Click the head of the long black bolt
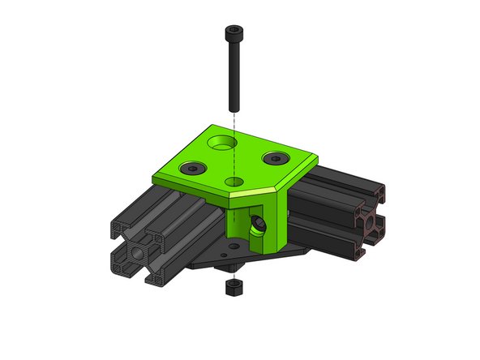231,33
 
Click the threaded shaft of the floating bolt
232,73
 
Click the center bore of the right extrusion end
369,221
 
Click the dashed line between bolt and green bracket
233,122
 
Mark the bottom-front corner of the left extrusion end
153,285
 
